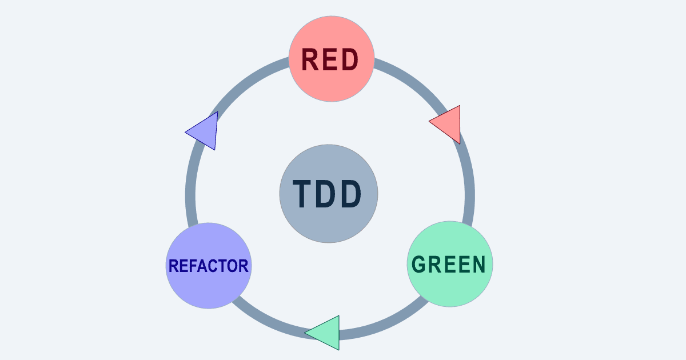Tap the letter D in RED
[350, 59]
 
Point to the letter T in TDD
[302, 194]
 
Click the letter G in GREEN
[420, 265]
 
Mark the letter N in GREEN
[478, 265]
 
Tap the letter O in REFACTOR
[230, 266]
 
